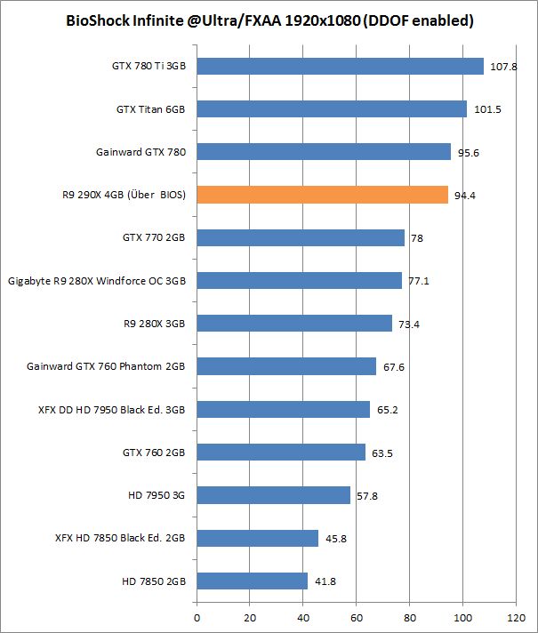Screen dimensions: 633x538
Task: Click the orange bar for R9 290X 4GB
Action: [322, 195]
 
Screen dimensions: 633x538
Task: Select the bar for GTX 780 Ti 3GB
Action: [340, 66]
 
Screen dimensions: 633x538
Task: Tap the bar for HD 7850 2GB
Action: [252, 581]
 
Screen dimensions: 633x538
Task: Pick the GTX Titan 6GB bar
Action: [331, 108]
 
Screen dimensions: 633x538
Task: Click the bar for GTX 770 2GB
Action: [300, 237]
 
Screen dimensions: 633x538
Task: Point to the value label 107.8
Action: [504, 67]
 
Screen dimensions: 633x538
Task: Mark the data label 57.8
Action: [367, 495]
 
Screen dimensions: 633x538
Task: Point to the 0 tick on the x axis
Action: [197, 615]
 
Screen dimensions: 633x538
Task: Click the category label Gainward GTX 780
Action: [141, 152]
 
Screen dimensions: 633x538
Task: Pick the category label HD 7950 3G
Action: [155, 495]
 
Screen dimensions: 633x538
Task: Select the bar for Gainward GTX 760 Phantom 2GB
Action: [285, 366]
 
